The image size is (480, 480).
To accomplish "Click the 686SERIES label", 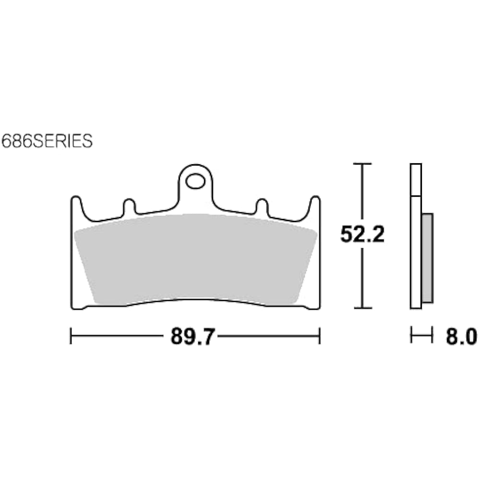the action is pyautogui.click(x=47, y=141).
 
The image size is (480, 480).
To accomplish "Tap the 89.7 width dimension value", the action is pyautogui.click(x=191, y=336).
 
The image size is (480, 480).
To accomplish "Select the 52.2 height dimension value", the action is pyautogui.click(x=362, y=235).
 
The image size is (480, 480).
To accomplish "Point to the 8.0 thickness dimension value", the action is pyautogui.click(x=461, y=336).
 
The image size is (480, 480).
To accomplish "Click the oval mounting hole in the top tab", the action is pyautogui.click(x=195, y=181).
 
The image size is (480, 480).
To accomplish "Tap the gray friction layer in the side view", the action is pyautogui.click(x=427, y=258).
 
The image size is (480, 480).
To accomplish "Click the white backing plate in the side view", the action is pyautogui.click(x=416, y=236).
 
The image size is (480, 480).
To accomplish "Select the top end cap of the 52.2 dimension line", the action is pyautogui.click(x=362, y=164).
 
